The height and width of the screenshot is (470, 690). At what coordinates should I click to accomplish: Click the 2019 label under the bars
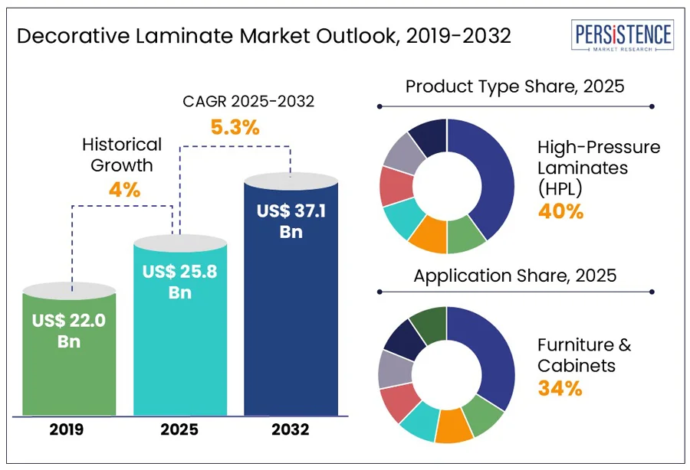(x=69, y=429)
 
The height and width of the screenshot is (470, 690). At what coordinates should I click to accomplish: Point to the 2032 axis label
(x=291, y=429)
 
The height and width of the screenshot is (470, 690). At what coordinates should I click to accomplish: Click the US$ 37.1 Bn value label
(x=291, y=220)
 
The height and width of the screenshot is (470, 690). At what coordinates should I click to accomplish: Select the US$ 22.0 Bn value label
(x=69, y=331)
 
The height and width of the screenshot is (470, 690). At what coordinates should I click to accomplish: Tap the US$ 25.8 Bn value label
(x=180, y=282)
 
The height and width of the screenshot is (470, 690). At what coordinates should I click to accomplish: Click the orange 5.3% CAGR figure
(x=235, y=127)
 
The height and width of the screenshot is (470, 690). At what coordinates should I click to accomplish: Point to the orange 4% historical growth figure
(x=124, y=189)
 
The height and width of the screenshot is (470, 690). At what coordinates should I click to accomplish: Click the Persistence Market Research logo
(x=623, y=37)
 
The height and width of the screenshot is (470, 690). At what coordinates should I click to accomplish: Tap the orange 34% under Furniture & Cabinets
(x=560, y=388)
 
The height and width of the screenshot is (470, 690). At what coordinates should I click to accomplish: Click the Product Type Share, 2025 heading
(x=514, y=86)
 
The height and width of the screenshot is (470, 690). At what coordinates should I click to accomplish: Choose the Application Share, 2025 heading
(x=514, y=275)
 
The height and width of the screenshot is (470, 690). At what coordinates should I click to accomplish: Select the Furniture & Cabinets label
(x=584, y=354)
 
